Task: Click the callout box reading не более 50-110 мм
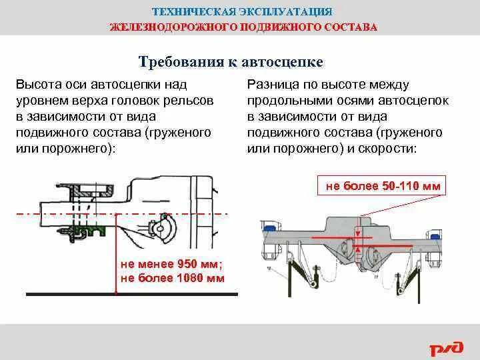383,185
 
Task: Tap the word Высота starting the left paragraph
39,85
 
